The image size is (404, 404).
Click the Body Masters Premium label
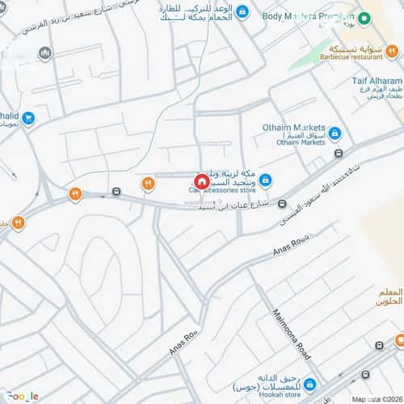(x=307, y=16)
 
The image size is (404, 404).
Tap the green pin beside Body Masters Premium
(x=364, y=18)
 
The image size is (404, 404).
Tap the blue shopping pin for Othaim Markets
(x=335, y=133)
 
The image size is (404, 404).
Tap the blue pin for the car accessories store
(x=264, y=179)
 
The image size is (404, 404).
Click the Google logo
(x=23, y=396)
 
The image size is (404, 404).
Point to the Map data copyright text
(x=376, y=399)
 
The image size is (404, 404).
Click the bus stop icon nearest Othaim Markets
(x=339, y=152)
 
